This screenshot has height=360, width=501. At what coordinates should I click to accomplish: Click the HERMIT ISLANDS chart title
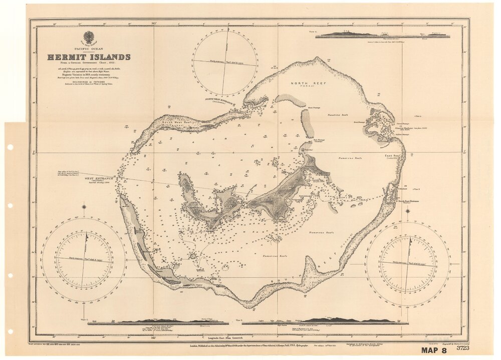pos(89,57)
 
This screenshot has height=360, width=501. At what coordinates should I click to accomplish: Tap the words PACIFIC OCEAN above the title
pos(89,49)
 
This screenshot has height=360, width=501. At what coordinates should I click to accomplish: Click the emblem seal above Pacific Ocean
pos(89,37)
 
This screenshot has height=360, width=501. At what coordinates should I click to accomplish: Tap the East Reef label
pos(392,156)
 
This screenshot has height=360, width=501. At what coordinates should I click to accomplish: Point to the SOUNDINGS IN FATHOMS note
pos(89,82)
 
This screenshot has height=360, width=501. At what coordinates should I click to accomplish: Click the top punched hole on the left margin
pos(10,147)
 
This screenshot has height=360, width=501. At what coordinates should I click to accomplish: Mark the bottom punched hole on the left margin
pos(10,331)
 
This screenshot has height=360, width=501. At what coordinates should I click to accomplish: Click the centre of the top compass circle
pos(225,62)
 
